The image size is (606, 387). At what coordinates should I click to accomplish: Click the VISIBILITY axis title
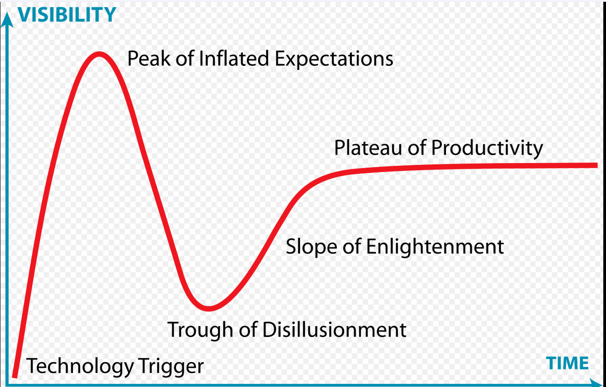point(67,14)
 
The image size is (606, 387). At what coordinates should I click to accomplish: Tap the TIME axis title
point(567,363)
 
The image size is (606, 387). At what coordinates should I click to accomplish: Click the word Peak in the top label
point(149,59)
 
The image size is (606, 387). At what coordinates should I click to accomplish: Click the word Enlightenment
point(435,247)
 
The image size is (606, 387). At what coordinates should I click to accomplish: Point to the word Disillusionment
point(334,329)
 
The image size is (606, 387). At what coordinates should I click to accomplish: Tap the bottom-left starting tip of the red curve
point(15,376)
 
